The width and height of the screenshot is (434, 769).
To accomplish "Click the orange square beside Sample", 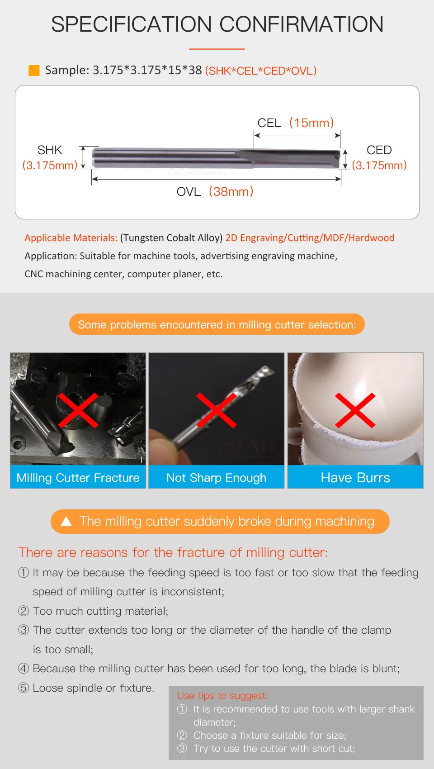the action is click(34, 71).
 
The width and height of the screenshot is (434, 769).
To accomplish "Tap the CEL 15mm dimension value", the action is click(311, 123).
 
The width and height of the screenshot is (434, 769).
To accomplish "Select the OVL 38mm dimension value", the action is click(231, 191).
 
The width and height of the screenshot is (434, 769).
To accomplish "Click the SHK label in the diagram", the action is click(50, 150).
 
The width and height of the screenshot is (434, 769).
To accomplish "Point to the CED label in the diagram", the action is click(379, 150).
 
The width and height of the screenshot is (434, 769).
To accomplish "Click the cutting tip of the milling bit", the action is click(338, 159).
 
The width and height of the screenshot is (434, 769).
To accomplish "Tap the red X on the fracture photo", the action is click(78, 410).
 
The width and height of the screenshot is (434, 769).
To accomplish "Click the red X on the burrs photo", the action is click(355, 410).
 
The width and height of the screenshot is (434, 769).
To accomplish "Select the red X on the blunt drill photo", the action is click(216, 410).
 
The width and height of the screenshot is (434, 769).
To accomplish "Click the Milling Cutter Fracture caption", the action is click(78, 478).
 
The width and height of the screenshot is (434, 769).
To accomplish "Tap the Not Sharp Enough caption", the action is click(216, 478).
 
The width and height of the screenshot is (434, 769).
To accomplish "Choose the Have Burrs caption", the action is click(355, 478).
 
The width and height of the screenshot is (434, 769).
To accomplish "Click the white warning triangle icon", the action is click(66, 522).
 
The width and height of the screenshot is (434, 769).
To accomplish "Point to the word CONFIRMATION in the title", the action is click(301, 24).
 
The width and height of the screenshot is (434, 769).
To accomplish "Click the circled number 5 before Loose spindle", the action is click(24, 688).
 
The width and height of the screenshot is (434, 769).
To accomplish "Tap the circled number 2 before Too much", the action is click(24, 611).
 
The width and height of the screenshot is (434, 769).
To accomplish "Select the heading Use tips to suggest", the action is click(222, 696).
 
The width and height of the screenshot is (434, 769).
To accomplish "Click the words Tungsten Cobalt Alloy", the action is click(171, 237).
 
